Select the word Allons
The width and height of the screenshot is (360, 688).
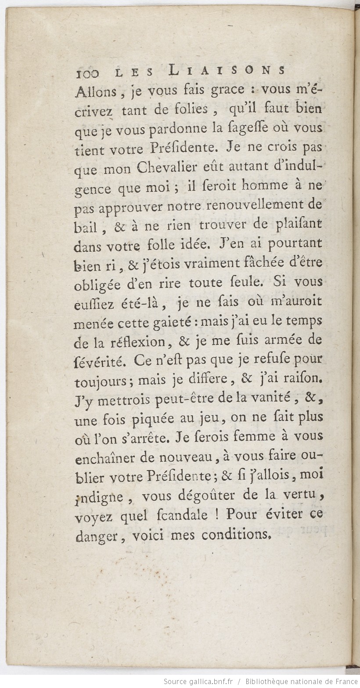click(93, 90)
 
